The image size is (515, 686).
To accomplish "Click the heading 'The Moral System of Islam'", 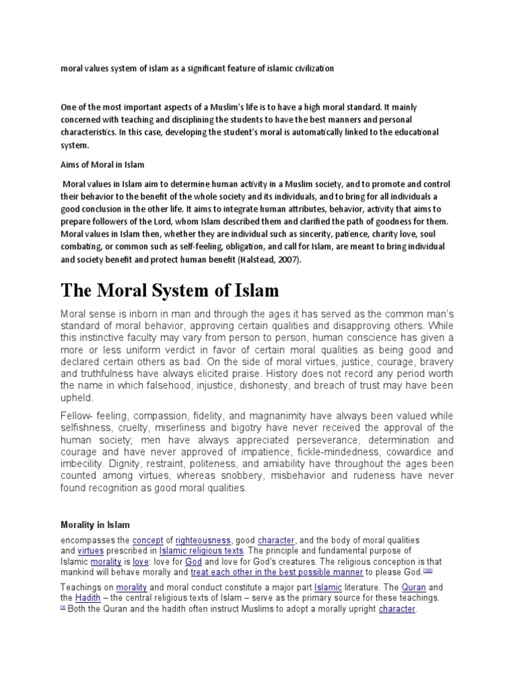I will pyautogui.click(x=169, y=291).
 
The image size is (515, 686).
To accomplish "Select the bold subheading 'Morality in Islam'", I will pyautogui.click(x=95, y=525).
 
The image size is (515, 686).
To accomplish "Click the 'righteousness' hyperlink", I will pyautogui.click(x=203, y=540).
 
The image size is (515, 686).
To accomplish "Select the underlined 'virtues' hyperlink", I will pyautogui.click(x=91, y=551).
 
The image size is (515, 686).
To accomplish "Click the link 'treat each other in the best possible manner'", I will pyautogui.click(x=276, y=573).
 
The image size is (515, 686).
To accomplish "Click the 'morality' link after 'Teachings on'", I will pyautogui.click(x=131, y=587).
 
